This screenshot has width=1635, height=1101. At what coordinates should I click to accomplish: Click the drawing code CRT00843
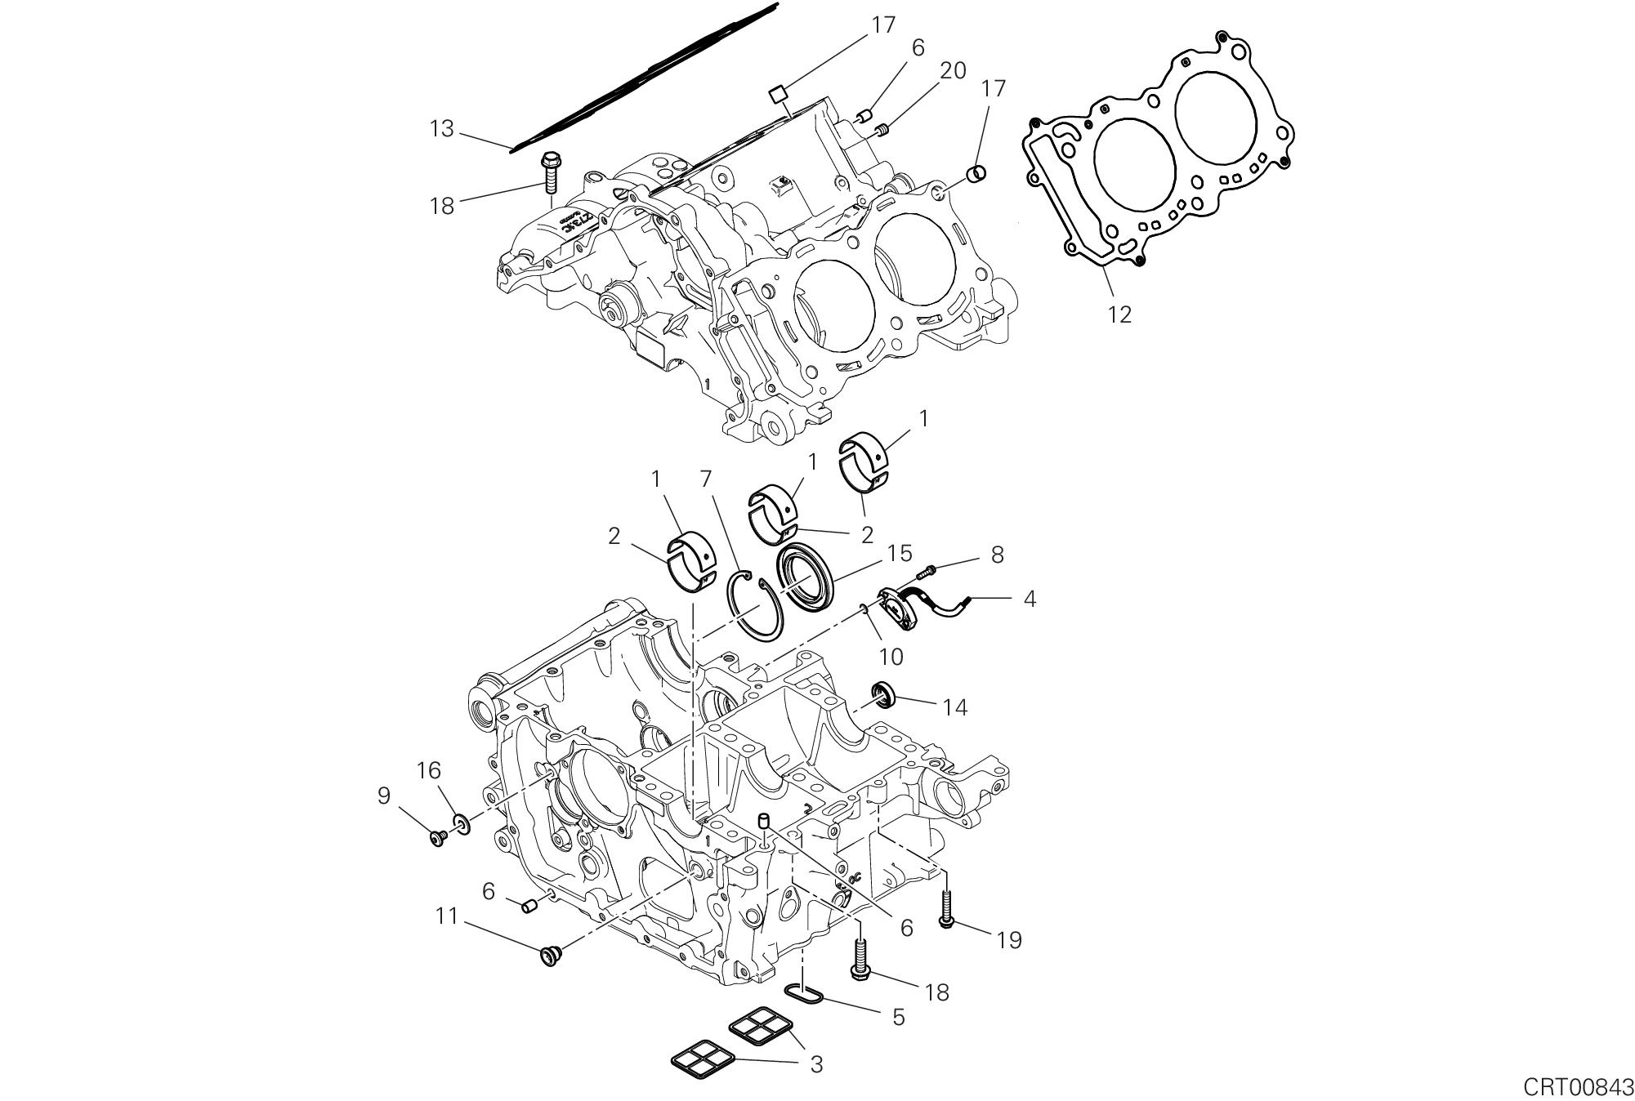tap(1576, 1087)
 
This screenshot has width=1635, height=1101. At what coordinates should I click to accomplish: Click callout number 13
tap(442, 129)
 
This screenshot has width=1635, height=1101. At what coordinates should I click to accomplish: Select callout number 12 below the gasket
tap(1119, 314)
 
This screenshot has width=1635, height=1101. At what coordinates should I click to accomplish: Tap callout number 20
tap(953, 71)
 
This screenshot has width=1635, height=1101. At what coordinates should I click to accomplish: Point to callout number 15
tap(899, 553)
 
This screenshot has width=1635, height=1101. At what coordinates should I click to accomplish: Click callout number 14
tap(954, 707)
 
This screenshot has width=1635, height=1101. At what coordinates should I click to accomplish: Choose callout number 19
tap(1010, 940)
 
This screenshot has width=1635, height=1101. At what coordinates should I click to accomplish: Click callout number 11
tap(446, 916)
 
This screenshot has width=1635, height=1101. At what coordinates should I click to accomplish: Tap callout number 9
tap(384, 796)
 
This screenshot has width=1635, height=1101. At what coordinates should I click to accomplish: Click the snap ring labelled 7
tap(755, 604)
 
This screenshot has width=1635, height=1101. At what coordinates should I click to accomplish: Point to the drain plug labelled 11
tap(548, 955)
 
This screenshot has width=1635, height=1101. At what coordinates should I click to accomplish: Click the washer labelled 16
tap(462, 825)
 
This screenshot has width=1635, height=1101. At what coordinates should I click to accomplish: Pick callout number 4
tap(1030, 599)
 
